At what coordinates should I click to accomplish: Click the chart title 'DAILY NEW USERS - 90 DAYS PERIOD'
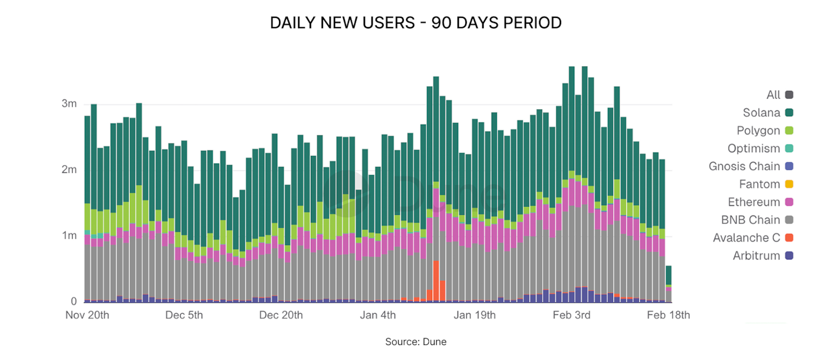(x=415, y=23)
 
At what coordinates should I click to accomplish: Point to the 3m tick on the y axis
(x=69, y=104)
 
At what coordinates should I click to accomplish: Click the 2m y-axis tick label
(x=69, y=170)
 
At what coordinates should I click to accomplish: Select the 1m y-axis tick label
(x=69, y=236)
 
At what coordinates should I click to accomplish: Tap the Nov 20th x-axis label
(x=87, y=316)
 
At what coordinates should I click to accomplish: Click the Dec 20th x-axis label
(x=281, y=316)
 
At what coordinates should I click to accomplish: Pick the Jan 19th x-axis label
(x=474, y=316)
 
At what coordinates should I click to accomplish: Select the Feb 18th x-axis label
(x=668, y=316)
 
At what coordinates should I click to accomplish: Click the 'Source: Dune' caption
(x=415, y=342)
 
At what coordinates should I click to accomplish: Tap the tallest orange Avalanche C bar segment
(x=436, y=281)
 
